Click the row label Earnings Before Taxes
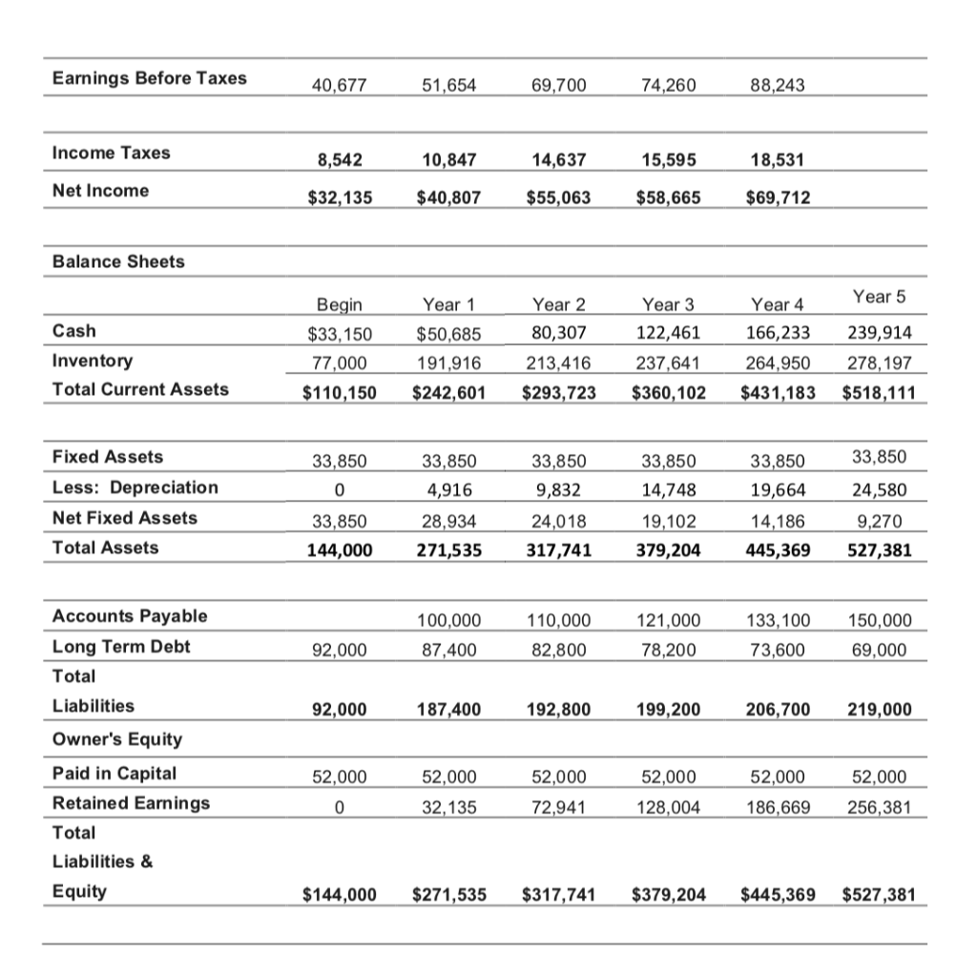[149, 78]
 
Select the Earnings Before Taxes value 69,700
[558, 86]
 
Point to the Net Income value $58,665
[668, 197]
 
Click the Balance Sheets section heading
[118, 261]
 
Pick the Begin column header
[339, 305]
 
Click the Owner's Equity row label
[116, 739]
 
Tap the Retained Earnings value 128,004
[668, 807]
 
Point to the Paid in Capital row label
[114, 773]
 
